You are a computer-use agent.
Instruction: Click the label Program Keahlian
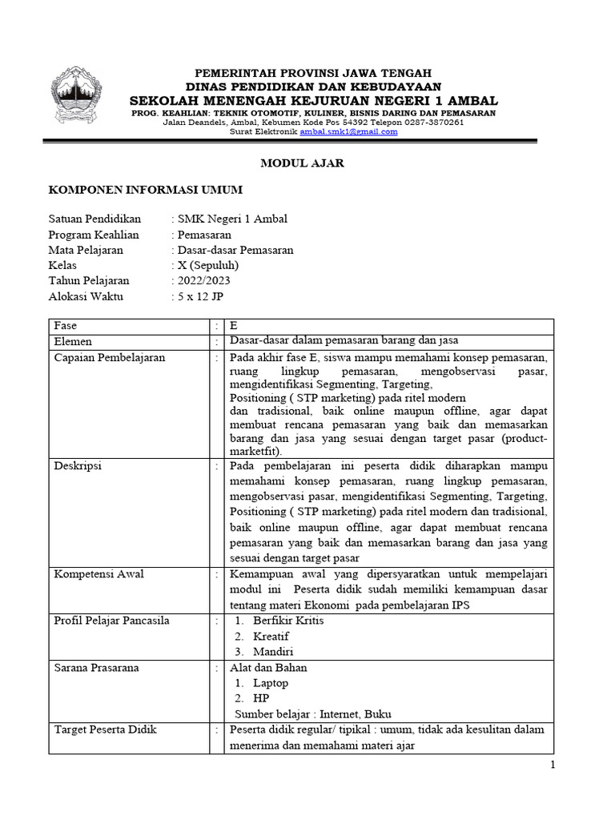pyautogui.click(x=94, y=235)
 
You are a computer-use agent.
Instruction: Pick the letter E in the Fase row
pyautogui.click(x=234, y=326)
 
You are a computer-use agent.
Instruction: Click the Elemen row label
pyautogui.click(x=73, y=341)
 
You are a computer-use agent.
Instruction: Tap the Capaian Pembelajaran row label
pyautogui.click(x=109, y=357)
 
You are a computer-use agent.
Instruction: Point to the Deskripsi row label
pyautogui.click(x=78, y=464)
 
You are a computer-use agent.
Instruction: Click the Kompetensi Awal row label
pyautogui.click(x=98, y=574)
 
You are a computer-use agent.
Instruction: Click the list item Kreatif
pyautogui.click(x=271, y=636)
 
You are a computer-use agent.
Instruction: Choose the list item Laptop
pyautogui.click(x=271, y=683)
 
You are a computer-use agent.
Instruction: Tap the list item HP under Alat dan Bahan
pyautogui.click(x=261, y=698)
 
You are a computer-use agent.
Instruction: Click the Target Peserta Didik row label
pyautogui.click(x=105, y=730)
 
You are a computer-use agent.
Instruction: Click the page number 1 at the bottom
pyautogui.click(x=552, y=766)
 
